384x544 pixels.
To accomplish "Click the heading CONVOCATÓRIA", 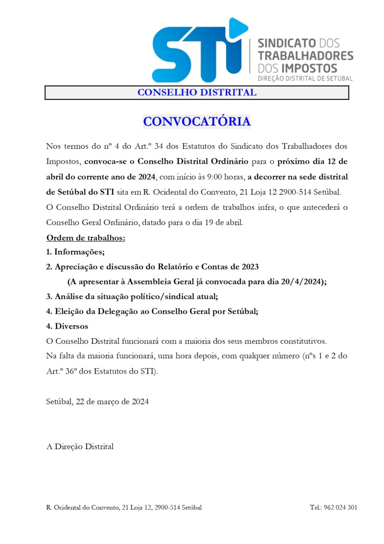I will pos(197,121).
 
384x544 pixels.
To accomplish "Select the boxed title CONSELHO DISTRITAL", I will pos(197,92).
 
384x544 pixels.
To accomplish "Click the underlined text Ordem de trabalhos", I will pos(86,238).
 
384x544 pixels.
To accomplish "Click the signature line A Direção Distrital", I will pos(80,447).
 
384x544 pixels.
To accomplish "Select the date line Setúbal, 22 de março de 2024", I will pos(97,402).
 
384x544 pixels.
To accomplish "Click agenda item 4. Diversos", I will pos(67,326).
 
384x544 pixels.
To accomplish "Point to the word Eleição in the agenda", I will pos(69,311).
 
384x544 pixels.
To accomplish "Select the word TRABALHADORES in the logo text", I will pos(305,56).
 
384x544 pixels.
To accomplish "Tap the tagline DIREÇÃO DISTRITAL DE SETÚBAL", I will pos(305,78).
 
